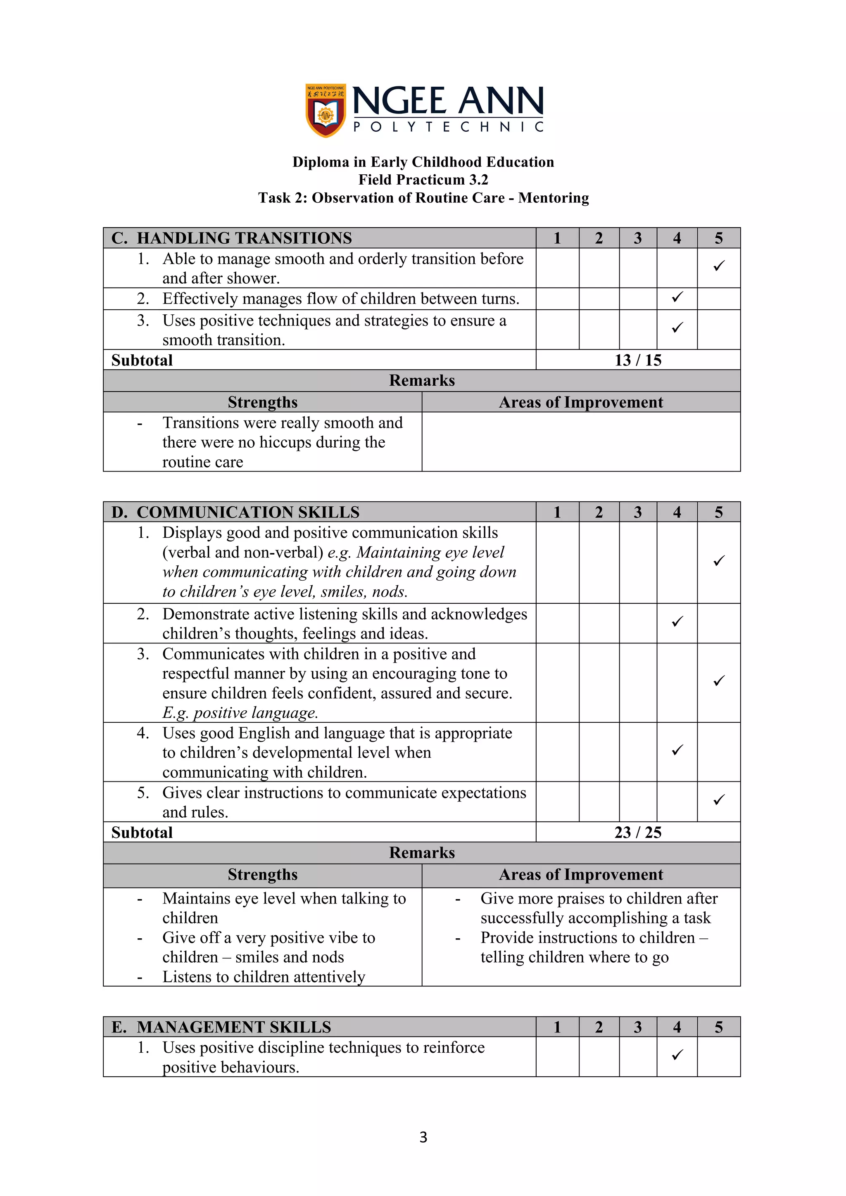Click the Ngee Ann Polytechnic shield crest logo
coord(326,110)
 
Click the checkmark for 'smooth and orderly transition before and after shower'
coord(719,266)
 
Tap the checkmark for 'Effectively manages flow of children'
coord(677,297)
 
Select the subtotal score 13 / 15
coord(638,361)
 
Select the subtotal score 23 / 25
coord(638,833)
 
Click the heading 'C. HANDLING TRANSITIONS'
coord(232,238)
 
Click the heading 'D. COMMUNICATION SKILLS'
coord(235,512)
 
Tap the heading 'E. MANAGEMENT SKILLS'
coord(221,1027)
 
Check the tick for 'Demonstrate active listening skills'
coord(677,622)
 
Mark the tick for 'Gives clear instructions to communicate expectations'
coord(719,800)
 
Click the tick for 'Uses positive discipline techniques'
coord(677,1055)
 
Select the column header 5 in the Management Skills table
coord(719,1027)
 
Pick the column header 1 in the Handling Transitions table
coord(557,238)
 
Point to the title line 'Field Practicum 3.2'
coord(423,180)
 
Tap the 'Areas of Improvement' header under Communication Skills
coord(581,875)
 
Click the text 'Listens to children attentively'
coord(264,977)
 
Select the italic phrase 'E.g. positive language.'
coord(240,712)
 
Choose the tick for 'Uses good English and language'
coord(677,750)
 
